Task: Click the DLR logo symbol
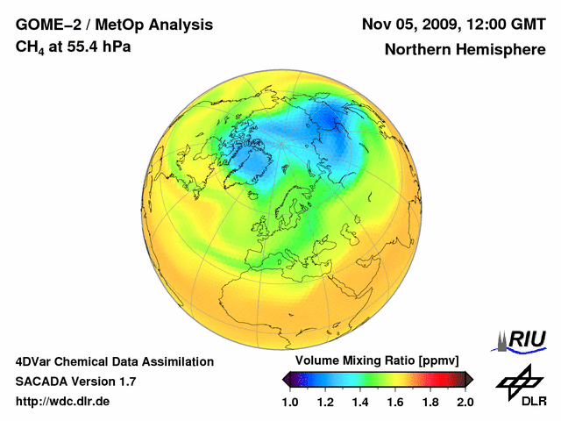(519, 380)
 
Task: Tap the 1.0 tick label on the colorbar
(290, 403)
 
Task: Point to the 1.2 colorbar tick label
(325, 403)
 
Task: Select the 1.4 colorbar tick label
(360, 403)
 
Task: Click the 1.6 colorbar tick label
(395, 403)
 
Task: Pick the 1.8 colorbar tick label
(430, 403)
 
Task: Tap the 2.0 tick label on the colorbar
(465, 403)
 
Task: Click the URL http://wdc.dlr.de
(63, 402)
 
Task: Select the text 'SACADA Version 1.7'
(75, 382)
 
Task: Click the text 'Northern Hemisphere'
(465, 50)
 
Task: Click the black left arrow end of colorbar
(287, 379)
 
